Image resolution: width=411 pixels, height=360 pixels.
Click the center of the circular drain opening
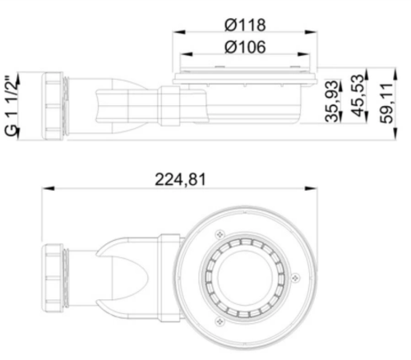245,270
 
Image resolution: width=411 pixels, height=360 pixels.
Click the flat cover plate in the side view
245,78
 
